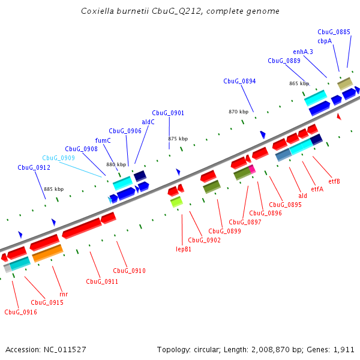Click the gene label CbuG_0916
point(20,312)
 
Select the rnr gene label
point(64,295)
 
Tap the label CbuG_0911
point(101,281)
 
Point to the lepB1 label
point(184,248)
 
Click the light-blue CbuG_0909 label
point(58,158)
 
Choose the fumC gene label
point(103,140)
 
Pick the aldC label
point(148,122)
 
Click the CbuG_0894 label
point(239,81)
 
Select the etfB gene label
point(334,181)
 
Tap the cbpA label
point(325,41)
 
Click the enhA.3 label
point(303,52)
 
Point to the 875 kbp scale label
point(178,139)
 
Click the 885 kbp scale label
point(53,189)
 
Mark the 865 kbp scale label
point(299,83)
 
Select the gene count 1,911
point(344,349)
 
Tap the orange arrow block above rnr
point(47,254)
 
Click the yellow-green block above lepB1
point(176,202)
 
